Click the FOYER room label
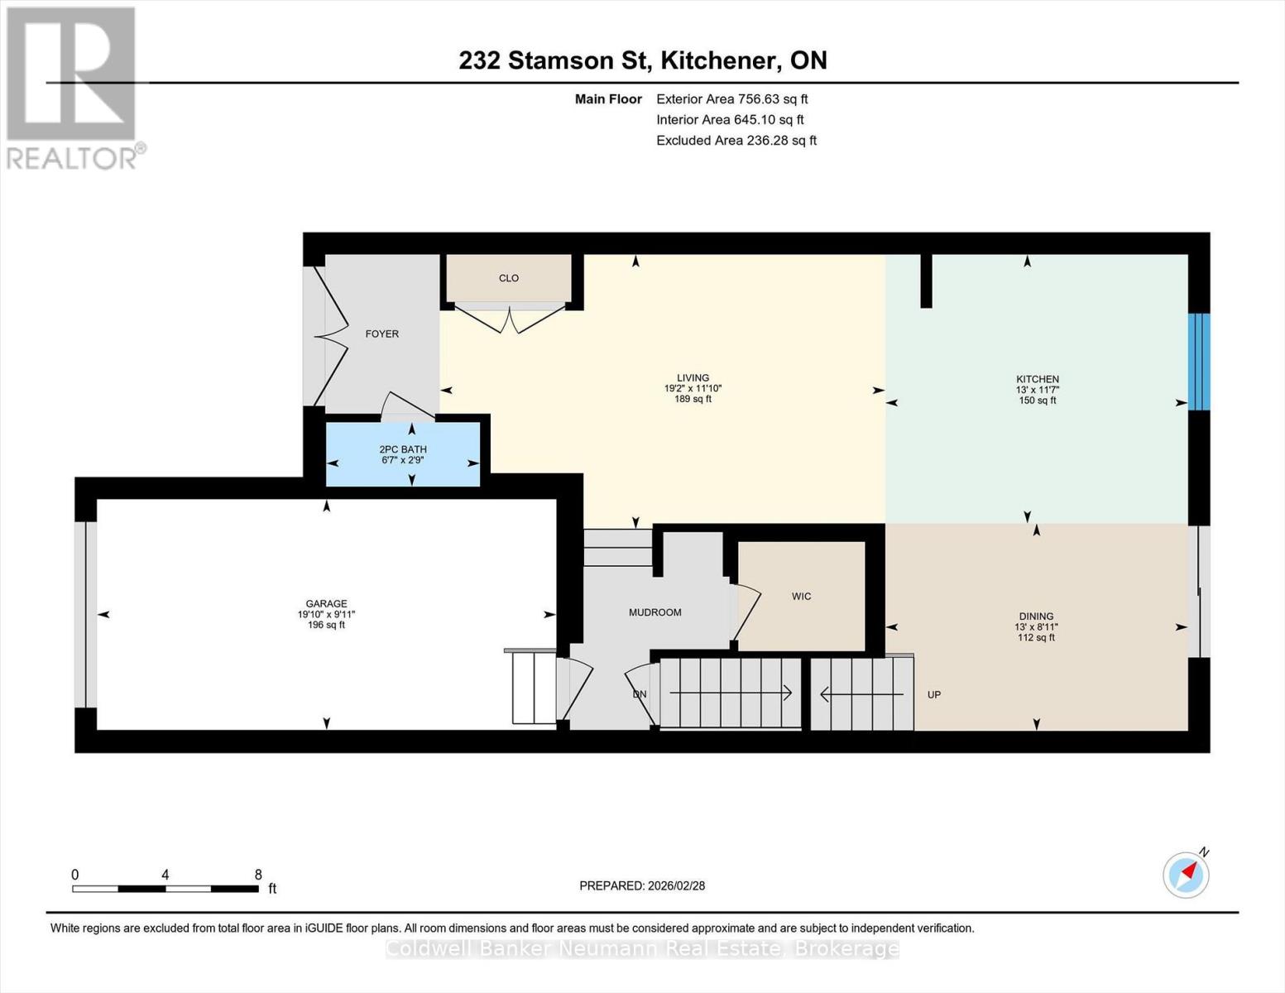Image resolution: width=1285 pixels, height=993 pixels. pos(381,334)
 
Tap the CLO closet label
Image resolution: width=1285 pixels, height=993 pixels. pos(508,278)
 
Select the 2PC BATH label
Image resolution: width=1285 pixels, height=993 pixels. pos(403,449)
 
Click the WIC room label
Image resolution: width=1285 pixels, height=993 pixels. pos(801,597)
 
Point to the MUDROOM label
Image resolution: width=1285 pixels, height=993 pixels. pos(654,613)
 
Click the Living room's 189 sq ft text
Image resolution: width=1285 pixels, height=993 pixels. pos(693,399)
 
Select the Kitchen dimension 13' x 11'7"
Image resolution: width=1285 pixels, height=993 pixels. pos(1037,390)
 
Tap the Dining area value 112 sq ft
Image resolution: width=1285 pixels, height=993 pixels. pos(1036,638)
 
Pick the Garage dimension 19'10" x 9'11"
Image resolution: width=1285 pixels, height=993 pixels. pos(326,614)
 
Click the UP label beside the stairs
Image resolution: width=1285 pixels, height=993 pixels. pos(933,695)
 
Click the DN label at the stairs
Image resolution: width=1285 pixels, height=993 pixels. pos(640,694)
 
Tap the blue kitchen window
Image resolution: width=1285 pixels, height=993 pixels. pos(1199,362)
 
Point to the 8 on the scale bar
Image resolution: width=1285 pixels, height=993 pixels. pos(258,875)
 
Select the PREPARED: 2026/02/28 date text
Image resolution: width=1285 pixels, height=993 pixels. pos(642,885)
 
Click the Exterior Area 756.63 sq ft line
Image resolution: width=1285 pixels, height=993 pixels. pos(731,98)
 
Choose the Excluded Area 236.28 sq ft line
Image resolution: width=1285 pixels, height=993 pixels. pos(736,141)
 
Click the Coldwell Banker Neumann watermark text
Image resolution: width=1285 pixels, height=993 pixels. pos(642,949)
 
